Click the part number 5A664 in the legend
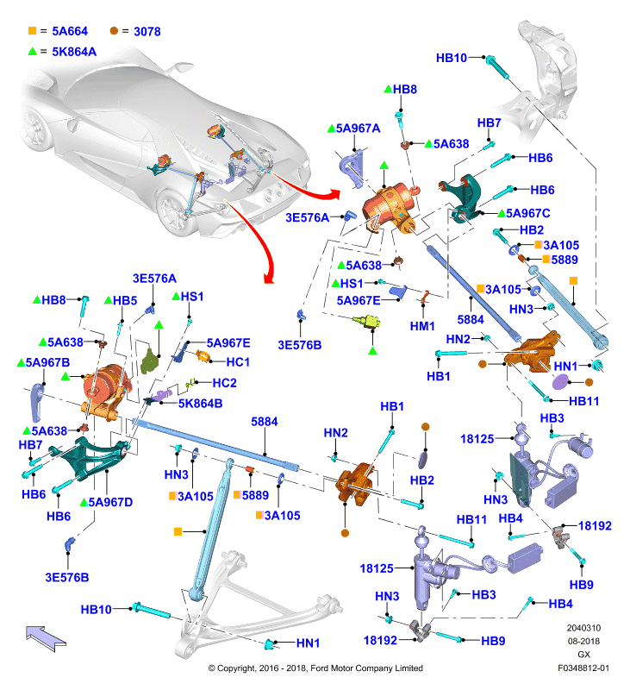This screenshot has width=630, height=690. click(70, 31)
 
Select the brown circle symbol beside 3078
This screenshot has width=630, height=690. click(114, 31)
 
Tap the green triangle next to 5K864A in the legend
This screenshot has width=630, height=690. click(32, 51)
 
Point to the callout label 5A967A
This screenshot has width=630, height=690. click(358, 129)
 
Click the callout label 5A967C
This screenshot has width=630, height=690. click(528, 213)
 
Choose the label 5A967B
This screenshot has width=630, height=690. click(47, 362)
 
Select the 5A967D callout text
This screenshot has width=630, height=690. click(110, 502)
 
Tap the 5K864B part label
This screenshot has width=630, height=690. click(200, 404)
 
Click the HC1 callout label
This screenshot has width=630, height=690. click(238, 362)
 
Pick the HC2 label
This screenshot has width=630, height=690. click(224, 383)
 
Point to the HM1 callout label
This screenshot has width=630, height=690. click(422, 326)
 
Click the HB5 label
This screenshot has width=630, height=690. click(125, 300)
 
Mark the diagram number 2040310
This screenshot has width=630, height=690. click(583, 628)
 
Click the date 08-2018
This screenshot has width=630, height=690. click(583, 641)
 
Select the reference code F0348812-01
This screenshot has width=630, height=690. click(583, 668)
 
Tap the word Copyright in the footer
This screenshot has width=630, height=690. click(236, 668)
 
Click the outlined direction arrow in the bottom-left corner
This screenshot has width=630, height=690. click(46, 638)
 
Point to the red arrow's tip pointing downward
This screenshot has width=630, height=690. click(268, 282)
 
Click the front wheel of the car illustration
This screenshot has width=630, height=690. click(173, 212)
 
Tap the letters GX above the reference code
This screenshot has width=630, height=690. click(583, 655)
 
